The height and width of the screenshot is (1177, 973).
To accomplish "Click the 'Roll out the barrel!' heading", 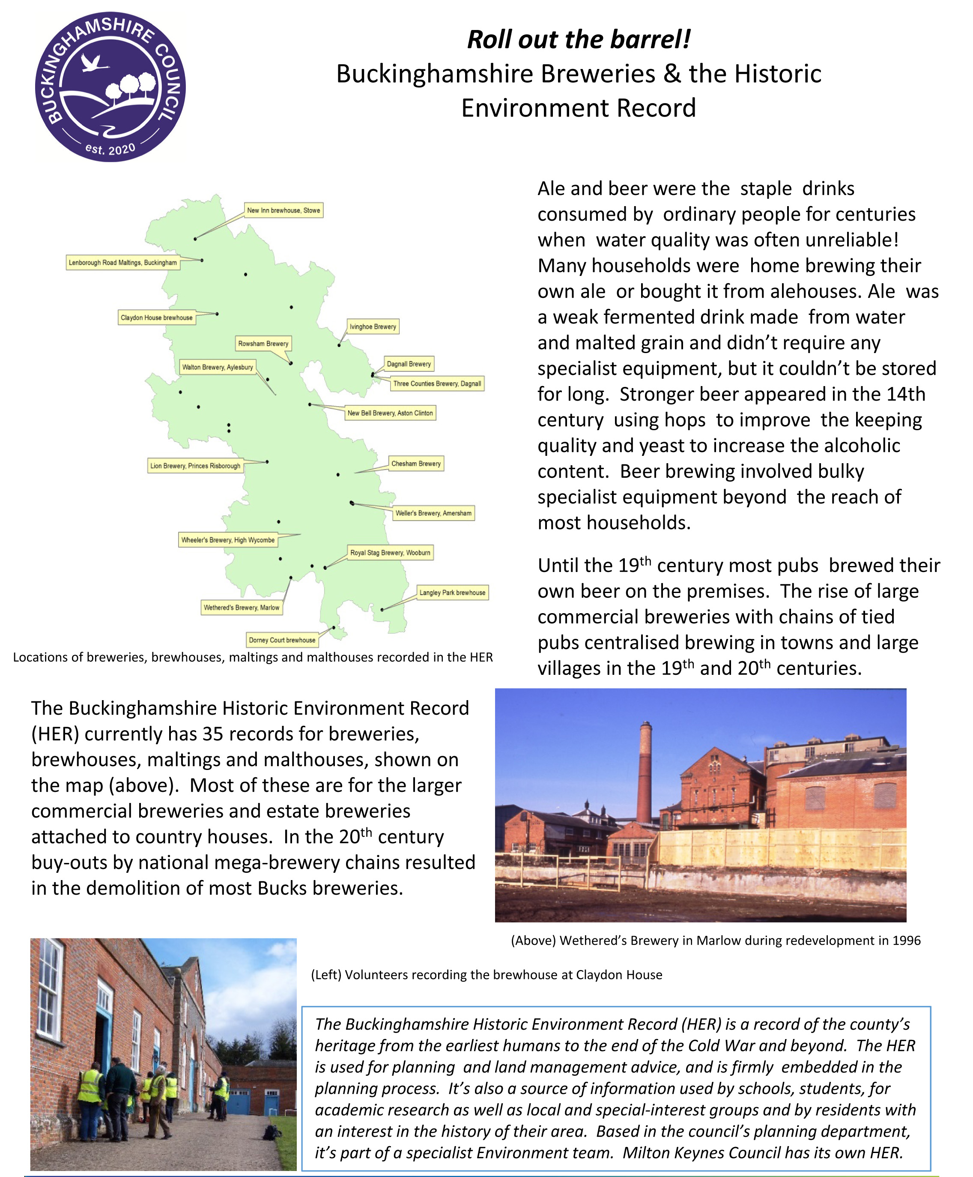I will [578, 39].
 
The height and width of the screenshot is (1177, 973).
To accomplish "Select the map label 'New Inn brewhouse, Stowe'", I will [284, 210].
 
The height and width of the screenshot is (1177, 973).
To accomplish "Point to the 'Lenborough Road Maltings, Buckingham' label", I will [122, 262].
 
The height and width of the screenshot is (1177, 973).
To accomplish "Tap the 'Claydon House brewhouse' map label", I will [156, 317].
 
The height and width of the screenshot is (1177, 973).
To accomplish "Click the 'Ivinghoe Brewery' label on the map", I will [373, 326].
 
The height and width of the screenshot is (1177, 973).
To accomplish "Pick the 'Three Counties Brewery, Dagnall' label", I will [437, 383].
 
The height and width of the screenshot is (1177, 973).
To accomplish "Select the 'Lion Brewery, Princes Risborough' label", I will [195, 466].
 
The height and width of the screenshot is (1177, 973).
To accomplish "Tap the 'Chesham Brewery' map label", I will [416, 464].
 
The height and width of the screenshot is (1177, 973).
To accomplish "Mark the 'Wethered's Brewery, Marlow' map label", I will [242, 608].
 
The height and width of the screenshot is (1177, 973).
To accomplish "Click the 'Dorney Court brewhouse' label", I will [282, 640].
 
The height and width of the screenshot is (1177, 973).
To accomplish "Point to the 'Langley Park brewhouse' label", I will [452, 593].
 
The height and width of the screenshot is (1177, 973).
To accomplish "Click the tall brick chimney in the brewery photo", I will [645, 773].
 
